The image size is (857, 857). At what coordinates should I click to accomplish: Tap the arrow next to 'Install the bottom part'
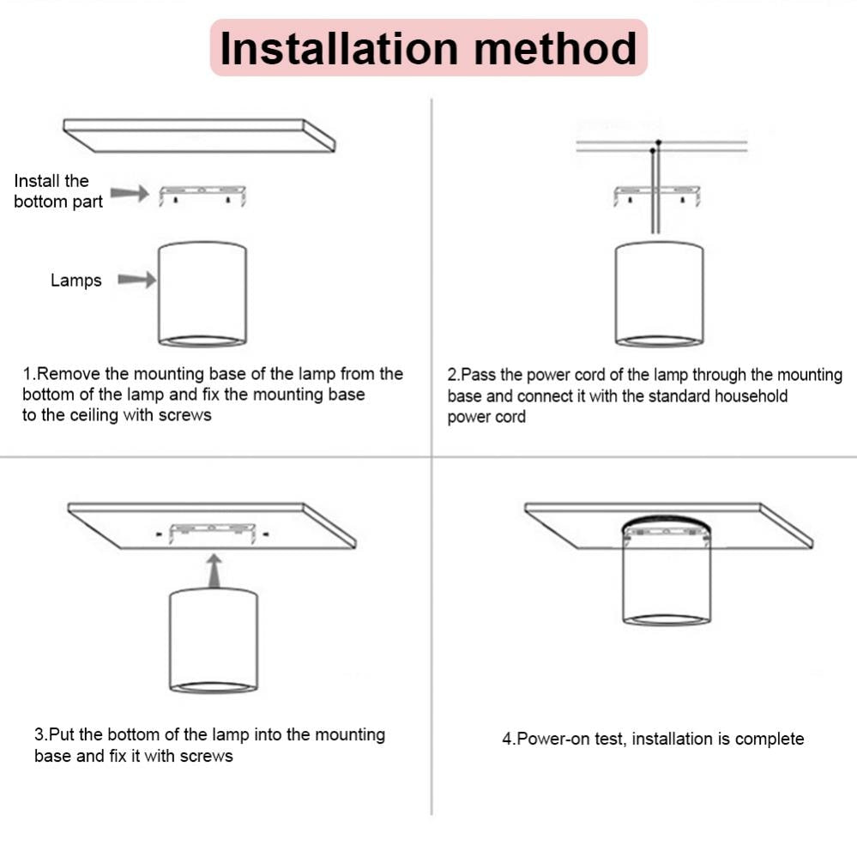130,194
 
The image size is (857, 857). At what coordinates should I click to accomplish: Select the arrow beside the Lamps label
137,280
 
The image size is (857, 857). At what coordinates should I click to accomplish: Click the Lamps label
75,281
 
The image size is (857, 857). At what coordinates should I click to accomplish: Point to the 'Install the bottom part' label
58,191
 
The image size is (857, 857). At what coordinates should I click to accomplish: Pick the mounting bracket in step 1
202,194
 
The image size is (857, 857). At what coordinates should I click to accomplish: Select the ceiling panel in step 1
199,135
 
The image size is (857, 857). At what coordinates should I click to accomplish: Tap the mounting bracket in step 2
657,195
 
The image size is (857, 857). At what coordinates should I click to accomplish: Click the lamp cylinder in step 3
214,640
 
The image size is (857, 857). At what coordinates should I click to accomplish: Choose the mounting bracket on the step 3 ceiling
213,532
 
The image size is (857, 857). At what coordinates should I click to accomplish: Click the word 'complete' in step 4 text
769,739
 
